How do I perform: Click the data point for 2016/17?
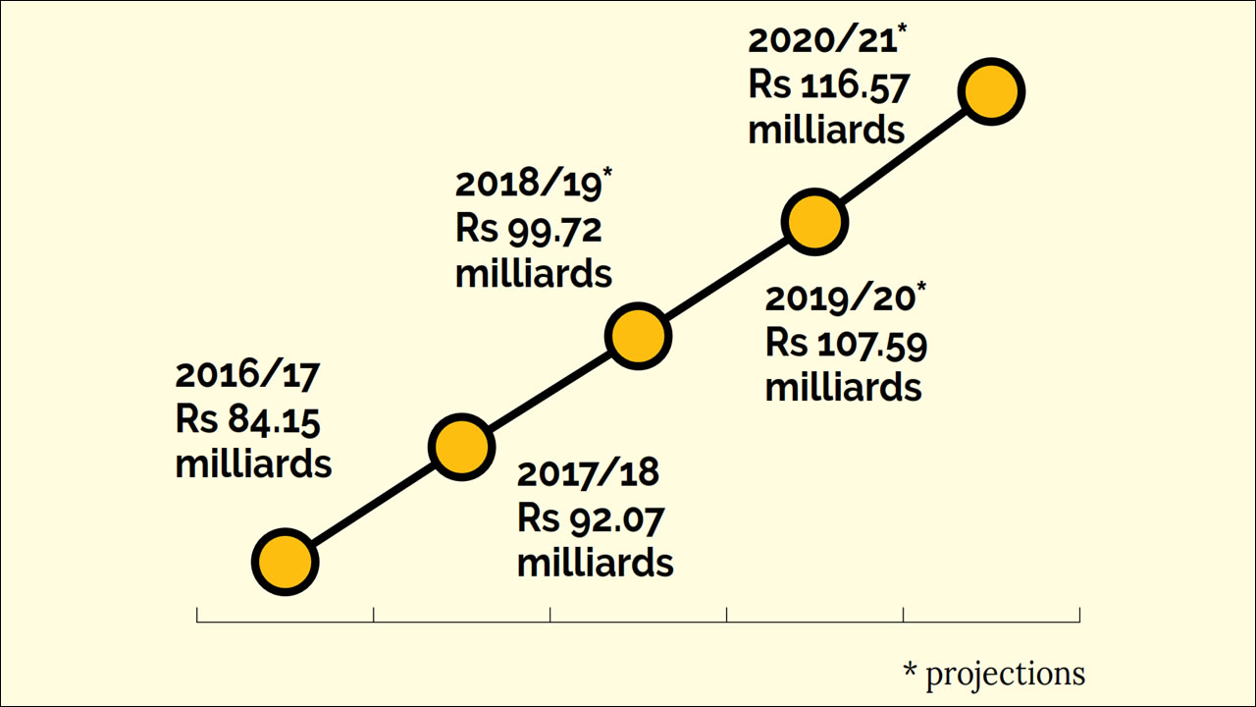285,563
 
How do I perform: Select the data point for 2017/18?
459,447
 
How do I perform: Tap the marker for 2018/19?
638,335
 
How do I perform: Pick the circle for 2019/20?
814,222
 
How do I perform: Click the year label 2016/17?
248,375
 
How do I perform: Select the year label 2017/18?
589,473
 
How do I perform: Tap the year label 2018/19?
528,185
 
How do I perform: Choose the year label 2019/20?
839,299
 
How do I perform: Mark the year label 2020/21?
821,41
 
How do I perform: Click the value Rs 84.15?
248,419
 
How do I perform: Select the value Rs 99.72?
528,229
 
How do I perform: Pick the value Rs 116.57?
829,85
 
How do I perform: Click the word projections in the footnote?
1006,674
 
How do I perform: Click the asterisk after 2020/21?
902,32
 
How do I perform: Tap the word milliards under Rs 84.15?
253,463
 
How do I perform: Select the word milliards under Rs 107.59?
843,387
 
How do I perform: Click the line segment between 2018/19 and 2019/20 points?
726,279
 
